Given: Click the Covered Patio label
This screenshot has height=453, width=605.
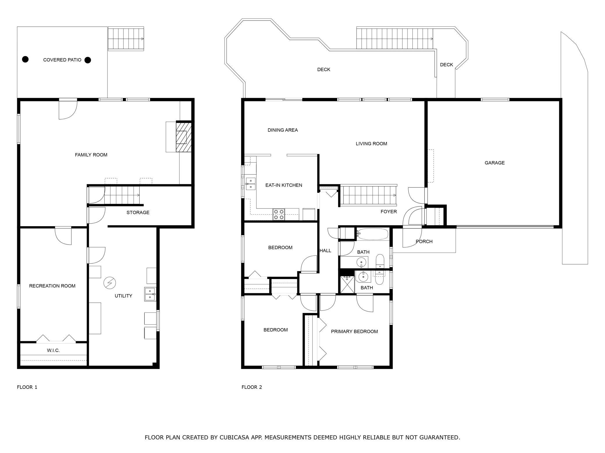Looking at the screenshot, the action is tap(62, 60).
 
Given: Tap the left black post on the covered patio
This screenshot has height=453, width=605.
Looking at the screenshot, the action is tap(26, 59).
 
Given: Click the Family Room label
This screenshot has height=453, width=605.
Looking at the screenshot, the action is tap(91, 155).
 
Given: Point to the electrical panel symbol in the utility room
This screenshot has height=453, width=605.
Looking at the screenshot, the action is tap(110, 283).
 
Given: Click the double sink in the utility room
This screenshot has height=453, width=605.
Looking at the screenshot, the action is tap(150, 294).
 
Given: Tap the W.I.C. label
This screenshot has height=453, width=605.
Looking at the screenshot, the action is tap(53, 350).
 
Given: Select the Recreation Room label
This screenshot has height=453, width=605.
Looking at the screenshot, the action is tap(52, 286).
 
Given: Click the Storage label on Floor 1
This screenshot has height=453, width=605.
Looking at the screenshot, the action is tap(138, 213).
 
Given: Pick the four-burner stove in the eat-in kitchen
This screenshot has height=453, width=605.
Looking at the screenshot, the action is tap(278, 214).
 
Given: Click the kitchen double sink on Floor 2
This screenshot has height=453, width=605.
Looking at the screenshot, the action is tap(251, 184).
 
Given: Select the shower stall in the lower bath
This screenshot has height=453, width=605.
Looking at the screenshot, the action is tap(347, 284).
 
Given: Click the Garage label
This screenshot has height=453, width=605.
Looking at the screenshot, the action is tap(494, 163).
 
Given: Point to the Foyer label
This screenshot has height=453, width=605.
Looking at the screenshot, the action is tap(389, 212).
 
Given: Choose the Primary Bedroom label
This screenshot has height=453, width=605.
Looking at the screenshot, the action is tap(354, 331).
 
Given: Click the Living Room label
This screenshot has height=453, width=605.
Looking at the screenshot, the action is tap(371, 143).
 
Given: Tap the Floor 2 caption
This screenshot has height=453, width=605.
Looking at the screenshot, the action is tap(252, 387).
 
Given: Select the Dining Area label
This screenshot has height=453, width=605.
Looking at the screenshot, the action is tap(283, 130).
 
